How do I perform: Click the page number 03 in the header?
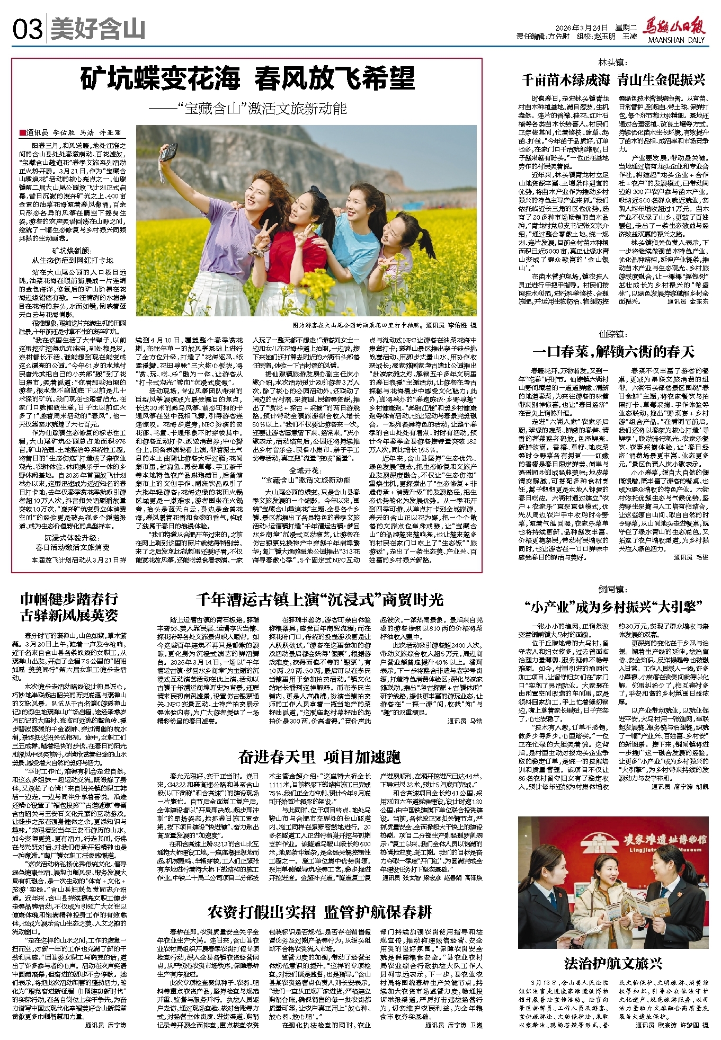pos(27,30)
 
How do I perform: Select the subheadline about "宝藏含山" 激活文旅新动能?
pos(247,109)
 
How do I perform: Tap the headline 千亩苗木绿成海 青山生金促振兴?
pos(613,80)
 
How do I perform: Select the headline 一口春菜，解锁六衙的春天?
pos(613,352)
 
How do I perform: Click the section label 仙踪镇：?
pos(613,334)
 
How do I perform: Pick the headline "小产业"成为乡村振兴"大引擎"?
pos(613,607)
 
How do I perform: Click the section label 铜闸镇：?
pos(613,589)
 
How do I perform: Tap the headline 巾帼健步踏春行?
pos(69,599)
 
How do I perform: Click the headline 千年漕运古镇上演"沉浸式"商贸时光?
pos(319,600)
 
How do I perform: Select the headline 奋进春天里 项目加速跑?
pos(319,757)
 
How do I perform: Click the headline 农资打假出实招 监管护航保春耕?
pos(319,912)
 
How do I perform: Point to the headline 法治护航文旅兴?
pos(613,963)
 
